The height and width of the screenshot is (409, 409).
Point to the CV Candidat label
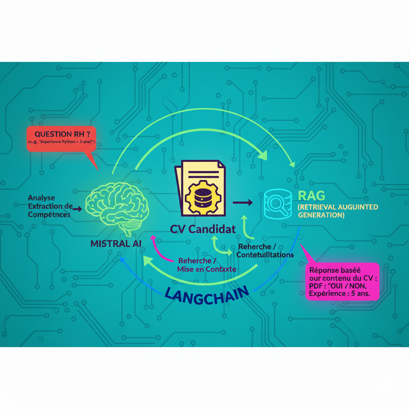tap(203, 230)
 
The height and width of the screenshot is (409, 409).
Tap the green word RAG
tap(312, 196)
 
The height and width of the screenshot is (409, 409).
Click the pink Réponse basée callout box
tap(342, 282)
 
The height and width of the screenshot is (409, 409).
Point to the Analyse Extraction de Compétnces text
tap(50, 206)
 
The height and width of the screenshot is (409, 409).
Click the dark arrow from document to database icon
tap(242, 203)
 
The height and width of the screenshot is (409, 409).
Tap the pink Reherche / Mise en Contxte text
tap(206, 265)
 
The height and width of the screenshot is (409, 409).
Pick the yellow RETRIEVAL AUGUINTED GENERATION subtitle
tap(338, 210)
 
